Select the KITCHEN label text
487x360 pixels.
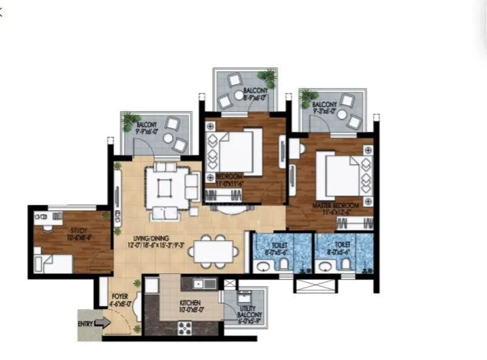tap(190, 307)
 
